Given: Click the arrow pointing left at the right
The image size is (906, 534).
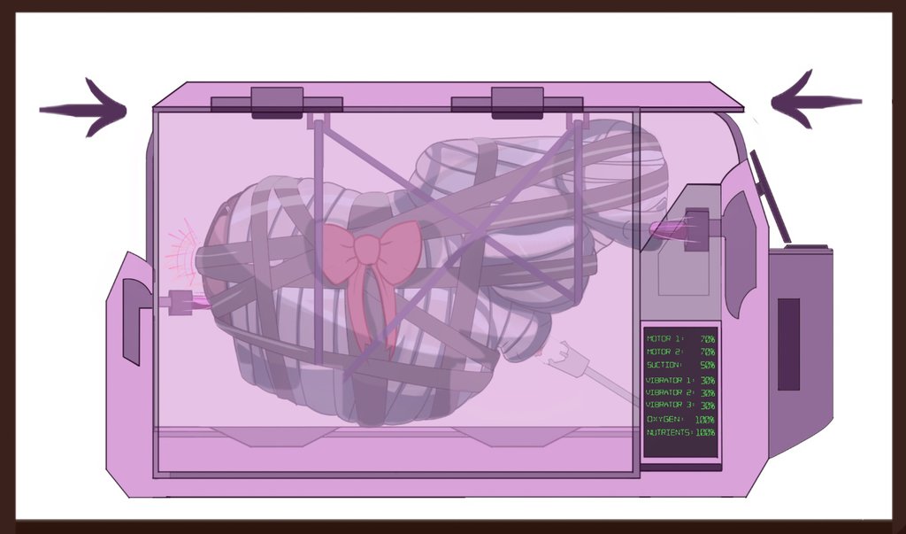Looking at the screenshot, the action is pos(816,101).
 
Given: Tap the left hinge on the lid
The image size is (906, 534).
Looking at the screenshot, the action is pos(277,103).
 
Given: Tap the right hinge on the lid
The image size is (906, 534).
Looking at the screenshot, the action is pos(517,103).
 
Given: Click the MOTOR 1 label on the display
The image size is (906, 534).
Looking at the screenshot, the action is pos(664,339).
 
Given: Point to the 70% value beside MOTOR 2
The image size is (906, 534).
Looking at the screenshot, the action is pos(707,352).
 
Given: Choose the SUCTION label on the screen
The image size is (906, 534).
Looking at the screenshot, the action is pos(664,365).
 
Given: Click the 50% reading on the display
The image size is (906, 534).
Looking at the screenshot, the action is pos(707,366).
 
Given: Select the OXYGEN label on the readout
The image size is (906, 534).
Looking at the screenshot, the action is pos(665,419).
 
